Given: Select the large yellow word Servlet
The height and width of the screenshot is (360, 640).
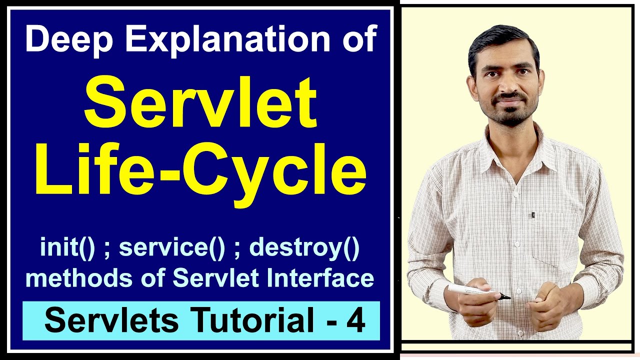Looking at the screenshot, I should click(200, 104).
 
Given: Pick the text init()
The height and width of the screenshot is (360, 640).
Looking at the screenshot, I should click(67, 248).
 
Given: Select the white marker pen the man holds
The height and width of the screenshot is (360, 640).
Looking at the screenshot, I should click(475, 290).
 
